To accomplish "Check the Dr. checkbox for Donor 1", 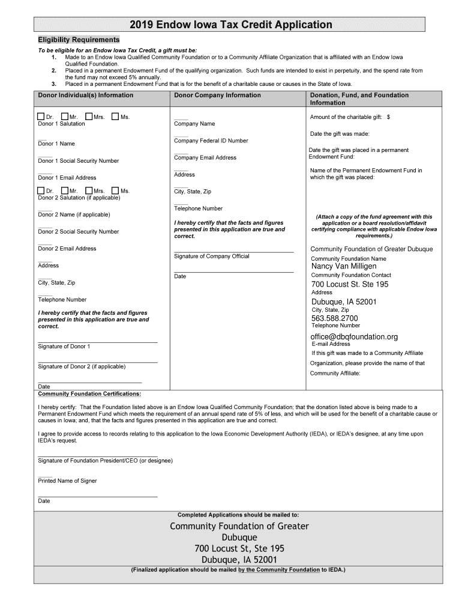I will click(x=41, y=117).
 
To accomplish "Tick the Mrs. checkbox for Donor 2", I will click(x=89, y=191).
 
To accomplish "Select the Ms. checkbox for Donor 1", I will click(x=115, y=117).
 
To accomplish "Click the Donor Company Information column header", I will click(x=217, y=95).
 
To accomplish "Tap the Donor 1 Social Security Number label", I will click(x=79, y=161).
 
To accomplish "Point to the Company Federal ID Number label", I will click(x=211, y=141).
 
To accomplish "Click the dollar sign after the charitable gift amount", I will click(x=388, y=117).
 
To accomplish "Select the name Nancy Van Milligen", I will click(x=344, y=266).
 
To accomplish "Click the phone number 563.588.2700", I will click(x=334, y=318).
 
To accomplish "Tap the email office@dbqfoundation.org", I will click(x=354, y=336).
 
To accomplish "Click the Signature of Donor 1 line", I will click(x=97, y=342).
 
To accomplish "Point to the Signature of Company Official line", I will click(x=233, y=252).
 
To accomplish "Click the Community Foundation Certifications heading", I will click(x=89, y=394).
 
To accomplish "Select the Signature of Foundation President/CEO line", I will click(x=97, y=456).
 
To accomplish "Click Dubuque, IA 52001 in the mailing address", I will click(x=239, y=560).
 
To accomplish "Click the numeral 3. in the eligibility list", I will click(x=53, y=84).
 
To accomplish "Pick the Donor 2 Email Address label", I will click(x=67, y=249).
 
